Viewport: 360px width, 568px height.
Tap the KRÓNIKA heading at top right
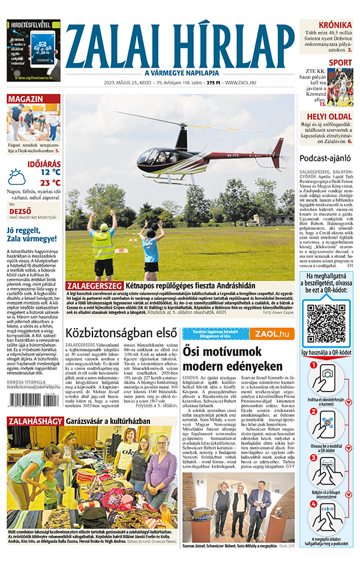[x=335, y=25]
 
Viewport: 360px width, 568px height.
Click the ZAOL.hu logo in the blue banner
[x=271, y=333]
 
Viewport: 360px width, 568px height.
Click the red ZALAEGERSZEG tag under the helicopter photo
[x=92, y=285]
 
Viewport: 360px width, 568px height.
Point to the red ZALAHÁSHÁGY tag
[x=34, y=421]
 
